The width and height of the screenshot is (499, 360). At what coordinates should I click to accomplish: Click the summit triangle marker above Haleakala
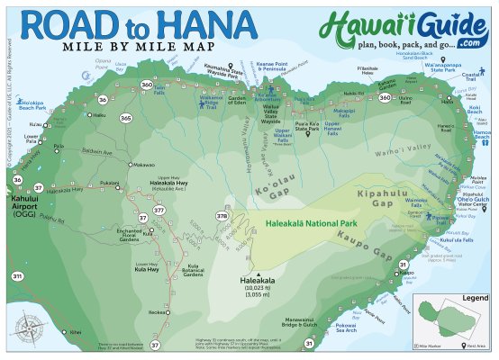point(259,274)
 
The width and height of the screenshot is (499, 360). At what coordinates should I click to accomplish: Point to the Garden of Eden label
point(238,99)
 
